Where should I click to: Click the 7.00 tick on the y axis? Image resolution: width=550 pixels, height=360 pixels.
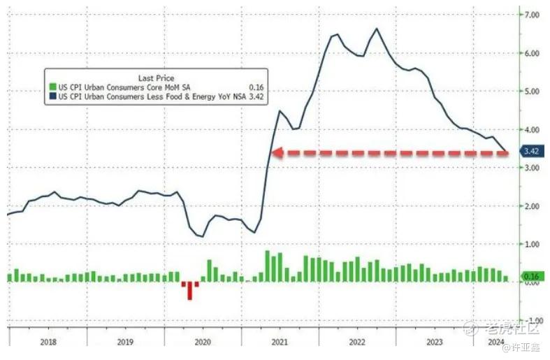click(532, 15)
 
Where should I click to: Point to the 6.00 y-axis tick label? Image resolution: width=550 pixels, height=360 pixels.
click(532, 53)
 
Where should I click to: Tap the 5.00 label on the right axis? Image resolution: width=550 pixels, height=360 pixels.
click(532, 92)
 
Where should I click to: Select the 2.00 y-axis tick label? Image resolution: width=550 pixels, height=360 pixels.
click(532, 206)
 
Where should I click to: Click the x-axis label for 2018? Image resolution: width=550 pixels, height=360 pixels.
click(48, 342)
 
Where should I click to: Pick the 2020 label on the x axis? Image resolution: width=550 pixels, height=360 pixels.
click(203, 342)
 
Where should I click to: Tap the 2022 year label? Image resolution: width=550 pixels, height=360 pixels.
click(357, 342)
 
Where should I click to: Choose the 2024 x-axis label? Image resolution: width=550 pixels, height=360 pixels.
click(495, 342)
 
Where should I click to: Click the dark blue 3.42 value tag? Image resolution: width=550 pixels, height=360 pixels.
click(532, 151)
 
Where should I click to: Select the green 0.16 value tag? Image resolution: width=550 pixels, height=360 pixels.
click(533, 277)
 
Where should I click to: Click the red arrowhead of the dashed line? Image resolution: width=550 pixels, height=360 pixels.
click(277, 153)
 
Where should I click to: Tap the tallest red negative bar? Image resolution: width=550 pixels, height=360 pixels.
click(190, 291)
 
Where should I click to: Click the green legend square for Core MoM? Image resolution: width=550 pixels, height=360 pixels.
click(52, 87)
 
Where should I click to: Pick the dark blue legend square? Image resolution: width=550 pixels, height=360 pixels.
click(52, 96)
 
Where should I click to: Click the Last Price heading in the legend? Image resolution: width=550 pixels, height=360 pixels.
click(156, 78)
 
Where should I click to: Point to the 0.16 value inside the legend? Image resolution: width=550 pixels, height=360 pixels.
click(256, 87)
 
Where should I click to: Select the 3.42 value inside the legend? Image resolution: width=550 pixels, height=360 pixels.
click(256, 96)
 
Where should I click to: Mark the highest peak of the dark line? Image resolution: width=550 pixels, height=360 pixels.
click(377, 29)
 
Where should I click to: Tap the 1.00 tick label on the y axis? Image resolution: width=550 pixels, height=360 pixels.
click(532, 244)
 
